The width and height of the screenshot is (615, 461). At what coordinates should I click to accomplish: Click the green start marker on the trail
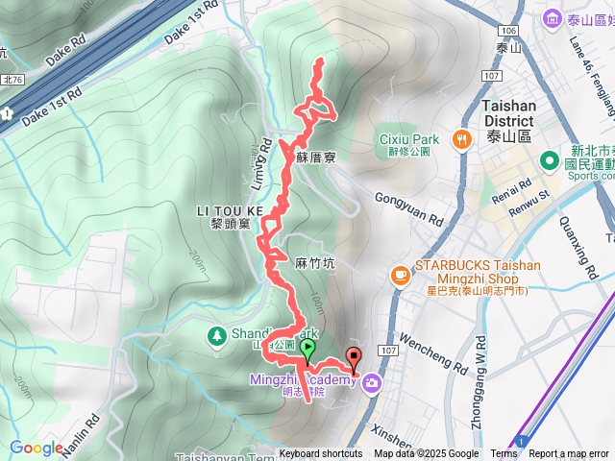coord(307,349)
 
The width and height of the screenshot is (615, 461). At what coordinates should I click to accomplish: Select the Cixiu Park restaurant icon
coord(462,140)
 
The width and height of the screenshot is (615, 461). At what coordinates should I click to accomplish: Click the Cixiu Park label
coord(408,140)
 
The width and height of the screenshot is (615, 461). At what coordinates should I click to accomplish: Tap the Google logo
coord(37,448)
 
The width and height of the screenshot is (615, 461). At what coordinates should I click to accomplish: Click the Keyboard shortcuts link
coord(321,454)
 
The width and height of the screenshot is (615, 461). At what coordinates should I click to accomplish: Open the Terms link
coord(504,454)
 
